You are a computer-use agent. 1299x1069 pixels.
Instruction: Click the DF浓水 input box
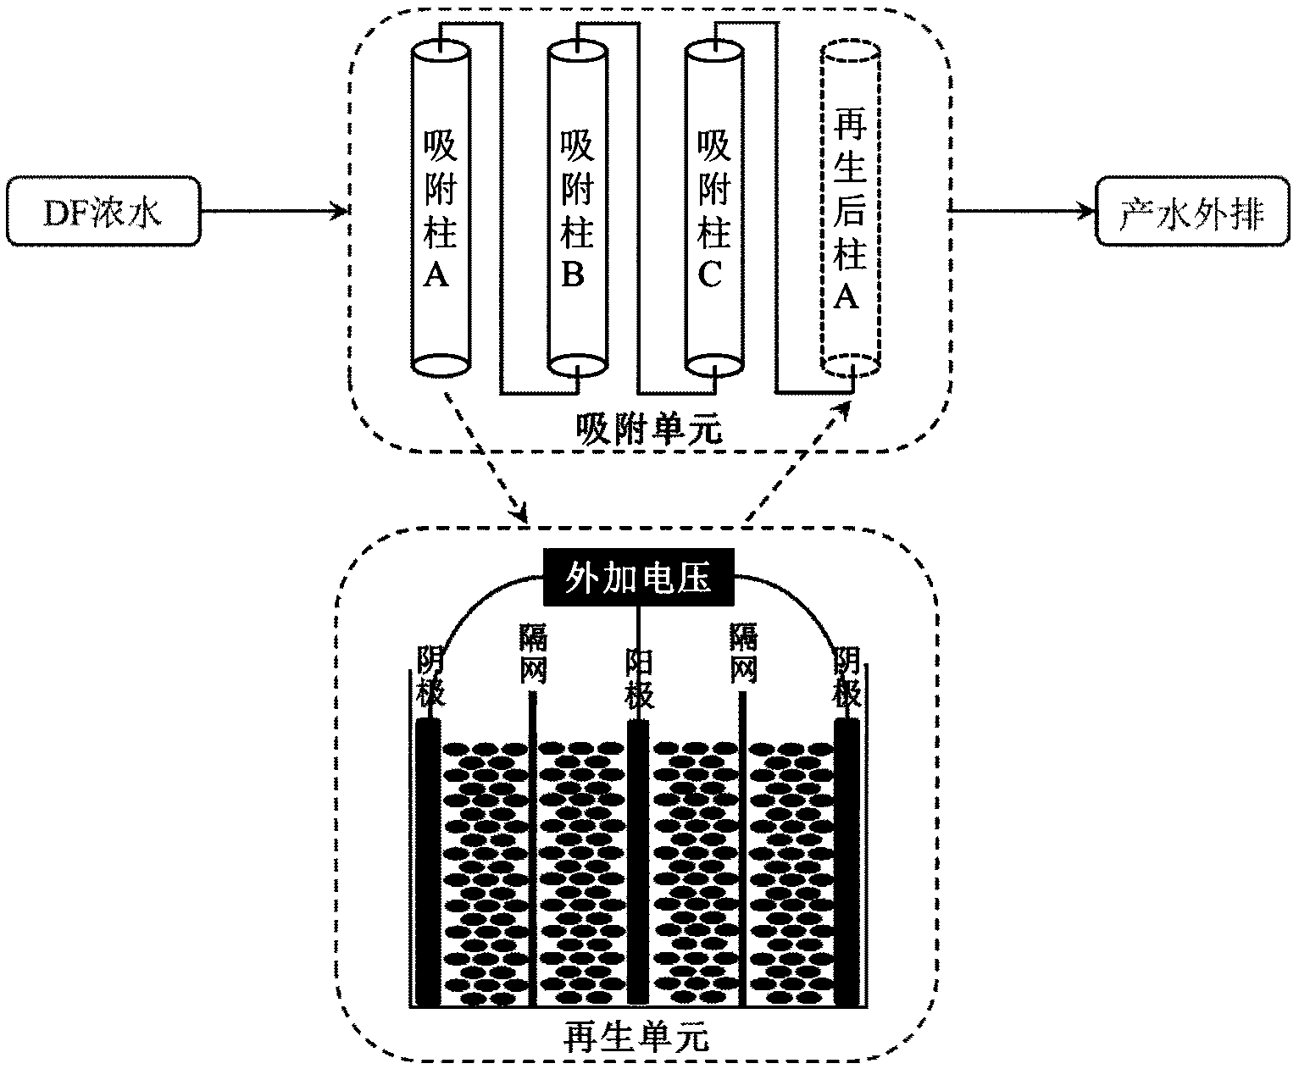pos(103,211)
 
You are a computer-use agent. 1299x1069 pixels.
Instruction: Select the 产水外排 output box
pos(1192,211)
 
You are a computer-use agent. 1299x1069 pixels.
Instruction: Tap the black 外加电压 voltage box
pos(639,577)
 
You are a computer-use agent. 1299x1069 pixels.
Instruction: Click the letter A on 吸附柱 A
pos(436,275)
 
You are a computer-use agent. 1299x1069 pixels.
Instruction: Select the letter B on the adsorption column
pos(573,275)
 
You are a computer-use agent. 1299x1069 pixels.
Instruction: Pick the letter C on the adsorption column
pos(709,275)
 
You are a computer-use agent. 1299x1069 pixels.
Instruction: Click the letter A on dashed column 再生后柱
pos(847,297)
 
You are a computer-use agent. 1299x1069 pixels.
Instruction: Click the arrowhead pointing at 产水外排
pos(1085,212)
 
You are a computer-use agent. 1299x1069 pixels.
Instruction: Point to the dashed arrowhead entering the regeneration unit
pos(520,513)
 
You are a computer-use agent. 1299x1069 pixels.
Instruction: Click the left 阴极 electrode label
pos(430,676)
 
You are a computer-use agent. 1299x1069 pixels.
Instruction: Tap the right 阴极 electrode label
pos(847,676)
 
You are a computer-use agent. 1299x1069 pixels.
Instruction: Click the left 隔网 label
pos(533,653)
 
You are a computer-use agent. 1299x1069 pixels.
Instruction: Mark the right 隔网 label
pos(743,653)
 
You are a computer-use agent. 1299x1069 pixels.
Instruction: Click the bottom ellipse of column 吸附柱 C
pos(714,366)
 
